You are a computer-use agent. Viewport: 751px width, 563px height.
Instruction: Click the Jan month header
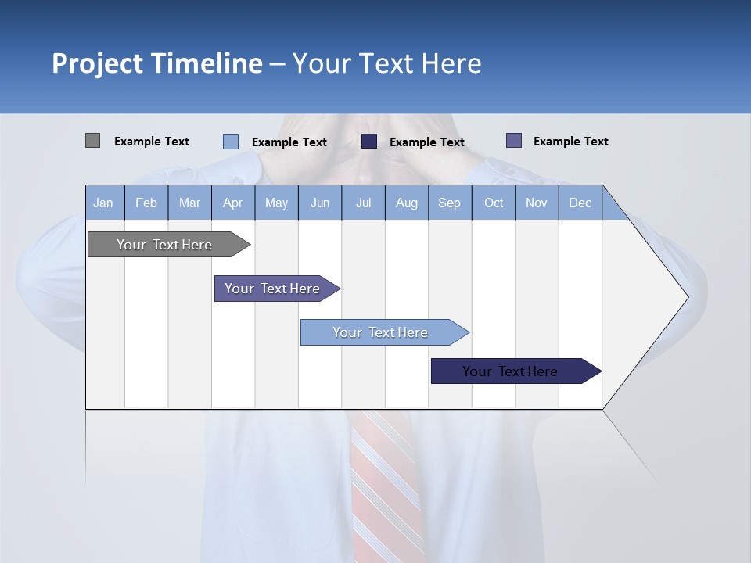click(x=104, y=203)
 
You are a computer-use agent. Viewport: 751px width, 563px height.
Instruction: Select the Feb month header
click(x=146, y=203)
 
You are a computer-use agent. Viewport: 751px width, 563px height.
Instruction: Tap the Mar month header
click(x=189, y=203)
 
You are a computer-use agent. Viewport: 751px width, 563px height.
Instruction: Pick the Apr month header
click(x=233, y=203)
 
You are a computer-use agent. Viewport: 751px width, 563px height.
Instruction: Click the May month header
click(x=276, y=203)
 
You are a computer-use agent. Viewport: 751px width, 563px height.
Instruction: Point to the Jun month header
click(x=320, y=203)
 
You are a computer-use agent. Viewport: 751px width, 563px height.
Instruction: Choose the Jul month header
click(x=363, y=203)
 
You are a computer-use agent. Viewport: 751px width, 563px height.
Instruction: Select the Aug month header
click(x=407, y=203)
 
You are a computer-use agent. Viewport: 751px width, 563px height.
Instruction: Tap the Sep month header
click(x=450, y=203)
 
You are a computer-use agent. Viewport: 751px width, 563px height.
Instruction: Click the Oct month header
click(x=494, y=203)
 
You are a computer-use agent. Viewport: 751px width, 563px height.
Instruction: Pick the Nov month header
click(x=537, y=203)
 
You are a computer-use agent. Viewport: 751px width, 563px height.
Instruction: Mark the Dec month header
click(x=580, y=203)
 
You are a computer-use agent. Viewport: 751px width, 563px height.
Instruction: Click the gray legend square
click(x=92, y=141)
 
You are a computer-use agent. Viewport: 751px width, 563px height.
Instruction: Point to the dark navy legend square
click(x=369, y=141)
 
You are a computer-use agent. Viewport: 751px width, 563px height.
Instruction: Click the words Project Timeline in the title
click(x=157, y=63)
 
